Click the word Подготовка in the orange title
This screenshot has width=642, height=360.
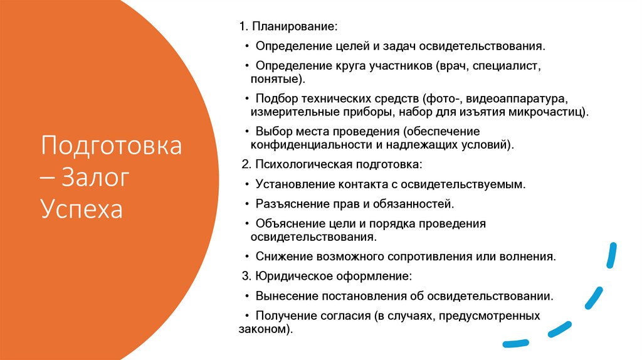click(x=111, y=147)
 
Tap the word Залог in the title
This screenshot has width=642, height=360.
click(x=96, y=177)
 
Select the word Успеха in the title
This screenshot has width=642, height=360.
click(x=82, y=209)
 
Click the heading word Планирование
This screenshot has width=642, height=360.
click(x=293, y=28)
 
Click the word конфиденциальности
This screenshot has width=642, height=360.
click(x=303, y=145)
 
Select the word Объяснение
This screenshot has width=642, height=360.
click(x=287, y=223)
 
